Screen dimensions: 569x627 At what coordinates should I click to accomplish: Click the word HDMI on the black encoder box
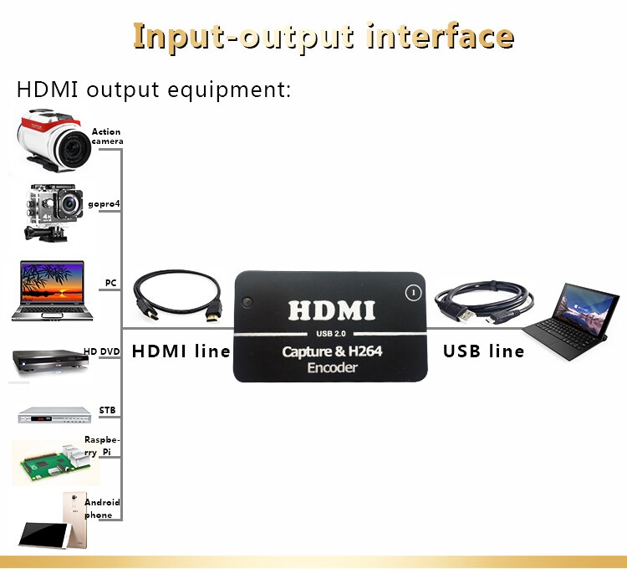[x=332, y=310]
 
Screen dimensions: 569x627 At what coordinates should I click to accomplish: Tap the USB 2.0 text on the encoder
[x=332, y=336]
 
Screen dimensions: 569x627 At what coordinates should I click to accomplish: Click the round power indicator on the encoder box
[x=410, y=293]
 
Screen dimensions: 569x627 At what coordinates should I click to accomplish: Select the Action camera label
[x=107, y=136]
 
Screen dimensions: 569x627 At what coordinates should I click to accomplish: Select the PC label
[x=110, y=283]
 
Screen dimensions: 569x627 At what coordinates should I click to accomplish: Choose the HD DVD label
[x=102, y=351]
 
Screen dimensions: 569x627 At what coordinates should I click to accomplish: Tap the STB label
[x=107, y=410]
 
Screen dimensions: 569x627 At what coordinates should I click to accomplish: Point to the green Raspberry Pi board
[x=52, y=463]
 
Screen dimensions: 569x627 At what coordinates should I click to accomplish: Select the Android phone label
[x=102, y=509]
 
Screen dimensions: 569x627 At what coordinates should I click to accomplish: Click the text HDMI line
[x=181, y=351]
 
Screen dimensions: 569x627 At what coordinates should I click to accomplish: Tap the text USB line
[x=484, y=351]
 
